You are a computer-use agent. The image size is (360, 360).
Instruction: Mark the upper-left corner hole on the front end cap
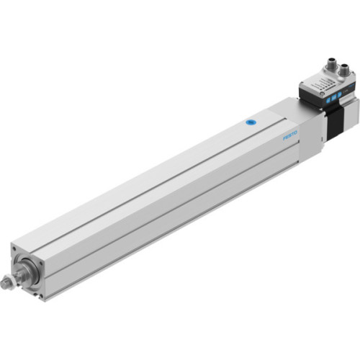point(16,248)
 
